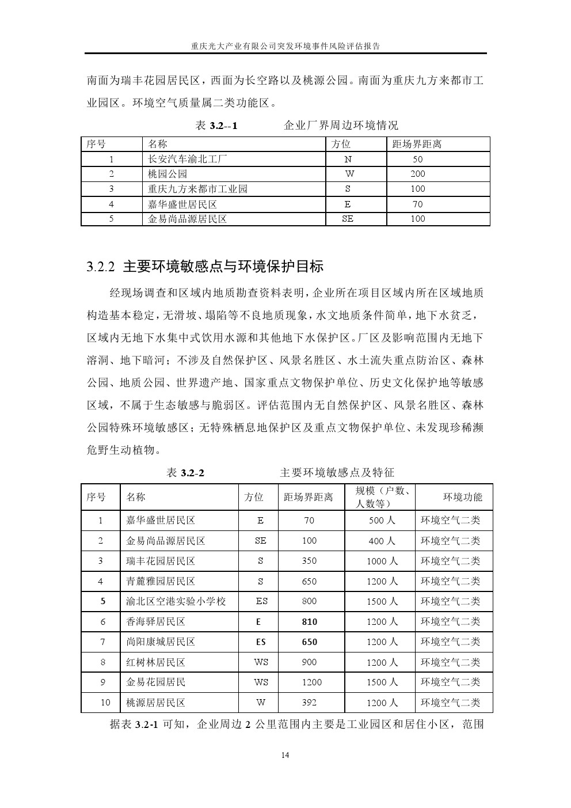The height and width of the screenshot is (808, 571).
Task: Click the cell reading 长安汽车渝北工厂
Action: click(188, 160)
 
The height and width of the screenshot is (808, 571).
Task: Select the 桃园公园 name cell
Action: click(168, 174)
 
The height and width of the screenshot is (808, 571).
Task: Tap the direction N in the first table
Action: click(348, 160)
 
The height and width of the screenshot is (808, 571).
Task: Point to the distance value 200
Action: click(417, 174)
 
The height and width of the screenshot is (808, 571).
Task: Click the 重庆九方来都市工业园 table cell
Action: click(197, 189)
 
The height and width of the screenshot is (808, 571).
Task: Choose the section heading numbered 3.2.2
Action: click(205, 267)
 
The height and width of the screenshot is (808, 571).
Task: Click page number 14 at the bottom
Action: click(285, 756)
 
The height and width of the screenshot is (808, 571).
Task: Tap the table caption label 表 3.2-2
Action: click(185, 473)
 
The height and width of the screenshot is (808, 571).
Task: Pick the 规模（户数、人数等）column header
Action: click(379, 497)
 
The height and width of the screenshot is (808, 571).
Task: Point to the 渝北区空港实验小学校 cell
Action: click(176, 601)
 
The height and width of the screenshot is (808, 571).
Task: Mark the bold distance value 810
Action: click(309, 622)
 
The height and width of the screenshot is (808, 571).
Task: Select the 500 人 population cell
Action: click(382, 521)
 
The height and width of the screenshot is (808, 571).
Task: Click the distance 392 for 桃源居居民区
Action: click(309, 703)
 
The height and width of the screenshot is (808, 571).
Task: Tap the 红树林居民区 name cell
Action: click(155, 662)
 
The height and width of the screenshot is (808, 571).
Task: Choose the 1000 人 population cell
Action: click(382, 561)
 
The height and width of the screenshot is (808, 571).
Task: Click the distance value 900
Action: click(309, 662)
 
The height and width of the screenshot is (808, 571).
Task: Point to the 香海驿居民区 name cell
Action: click(155, 622)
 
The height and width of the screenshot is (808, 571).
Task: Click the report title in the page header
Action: click(285, 45)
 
